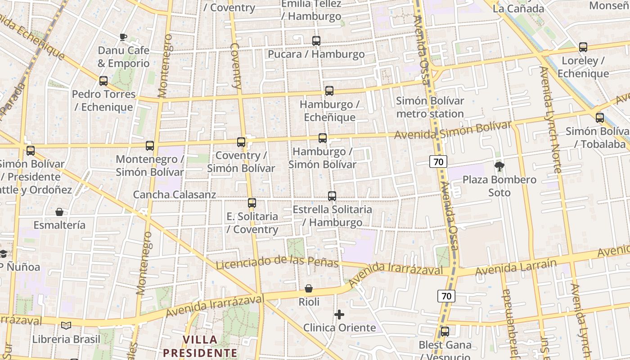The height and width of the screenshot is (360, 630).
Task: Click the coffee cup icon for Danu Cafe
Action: click(123, 37)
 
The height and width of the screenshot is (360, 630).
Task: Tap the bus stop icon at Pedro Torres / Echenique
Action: click(103, 81)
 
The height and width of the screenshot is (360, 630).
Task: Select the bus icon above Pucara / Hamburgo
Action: click(316, 41)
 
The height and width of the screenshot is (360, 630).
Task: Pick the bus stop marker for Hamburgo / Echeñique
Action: click(329, 91)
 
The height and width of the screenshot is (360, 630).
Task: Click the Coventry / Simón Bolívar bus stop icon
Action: click(241, 142)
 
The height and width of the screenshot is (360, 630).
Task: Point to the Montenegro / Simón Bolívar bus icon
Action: click(150, 146)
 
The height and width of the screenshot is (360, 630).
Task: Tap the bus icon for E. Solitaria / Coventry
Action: click(252, 203)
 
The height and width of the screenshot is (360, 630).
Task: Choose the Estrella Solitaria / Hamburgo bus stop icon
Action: click(332, 196)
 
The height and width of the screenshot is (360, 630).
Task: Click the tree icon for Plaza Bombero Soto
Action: click(499, 166)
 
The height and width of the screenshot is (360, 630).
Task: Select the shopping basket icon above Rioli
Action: click(309, 288)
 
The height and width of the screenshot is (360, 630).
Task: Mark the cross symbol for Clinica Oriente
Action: click(339, 314)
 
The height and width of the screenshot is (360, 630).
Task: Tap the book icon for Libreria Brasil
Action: click(66, 325)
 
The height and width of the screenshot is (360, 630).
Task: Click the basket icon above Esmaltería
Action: click(59, 212)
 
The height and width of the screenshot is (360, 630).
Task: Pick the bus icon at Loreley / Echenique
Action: click(583, 47)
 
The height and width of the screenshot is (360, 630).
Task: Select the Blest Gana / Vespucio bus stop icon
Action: click(445, 332)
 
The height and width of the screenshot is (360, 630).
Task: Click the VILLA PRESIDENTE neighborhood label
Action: click(200, 346)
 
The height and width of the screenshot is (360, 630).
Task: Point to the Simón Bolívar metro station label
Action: click(430, 107)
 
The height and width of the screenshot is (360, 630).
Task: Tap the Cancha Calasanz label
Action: click(175, 195)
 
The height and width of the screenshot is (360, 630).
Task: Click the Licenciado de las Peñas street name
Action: click(277, 261)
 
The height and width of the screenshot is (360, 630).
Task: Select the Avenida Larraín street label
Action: click(516, 267)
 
